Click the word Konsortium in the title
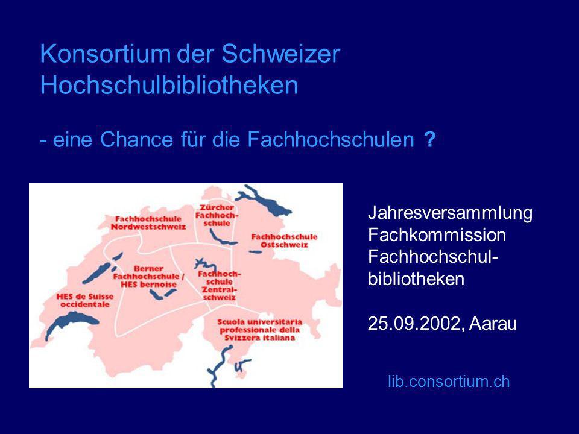(x=105, y=54)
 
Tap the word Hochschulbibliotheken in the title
(x=169, y=85)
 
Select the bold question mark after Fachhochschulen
(x=430, y=139)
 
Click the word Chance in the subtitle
(x=136, y=139)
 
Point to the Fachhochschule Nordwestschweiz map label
(x=148, y=223)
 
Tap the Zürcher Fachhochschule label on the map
(x=217, y=216)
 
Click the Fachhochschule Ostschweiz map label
(x=284, y=241)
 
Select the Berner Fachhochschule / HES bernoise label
(x=148, y=277)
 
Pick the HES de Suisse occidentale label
(x=85, y=300)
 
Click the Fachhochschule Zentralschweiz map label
(x=220, y=285)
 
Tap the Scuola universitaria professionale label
(x=259, y=330)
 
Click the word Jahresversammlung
(x=450, y=213)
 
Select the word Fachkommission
(x=437, y=234)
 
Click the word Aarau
(x=493, y=324)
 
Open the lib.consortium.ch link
(x=449, y=381)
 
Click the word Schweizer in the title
(x=280, y=54)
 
